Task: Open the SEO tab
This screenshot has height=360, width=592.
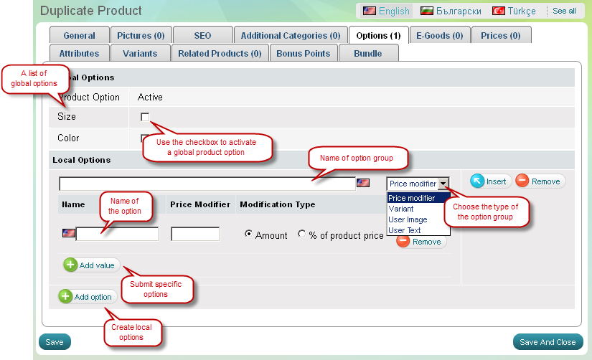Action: [202, 35]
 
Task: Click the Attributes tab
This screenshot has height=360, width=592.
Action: [79, 53]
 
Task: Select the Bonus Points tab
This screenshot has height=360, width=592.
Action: [303, 53]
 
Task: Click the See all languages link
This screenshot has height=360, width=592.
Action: [564, 11]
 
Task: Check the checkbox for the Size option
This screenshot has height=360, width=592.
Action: [145, 117]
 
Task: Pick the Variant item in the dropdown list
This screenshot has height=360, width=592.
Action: [401, 209]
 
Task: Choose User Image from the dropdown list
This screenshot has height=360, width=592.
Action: [408, 219]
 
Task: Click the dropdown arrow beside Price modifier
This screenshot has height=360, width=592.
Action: [444, 184]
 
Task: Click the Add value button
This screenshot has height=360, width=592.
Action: [90, 265]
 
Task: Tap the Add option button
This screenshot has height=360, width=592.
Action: [86, 297]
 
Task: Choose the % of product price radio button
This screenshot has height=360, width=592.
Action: [302, 235]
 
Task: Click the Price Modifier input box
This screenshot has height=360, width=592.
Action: [195, 234]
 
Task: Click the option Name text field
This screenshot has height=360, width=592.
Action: [117, 234]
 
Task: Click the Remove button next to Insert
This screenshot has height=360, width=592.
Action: [540, 181]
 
